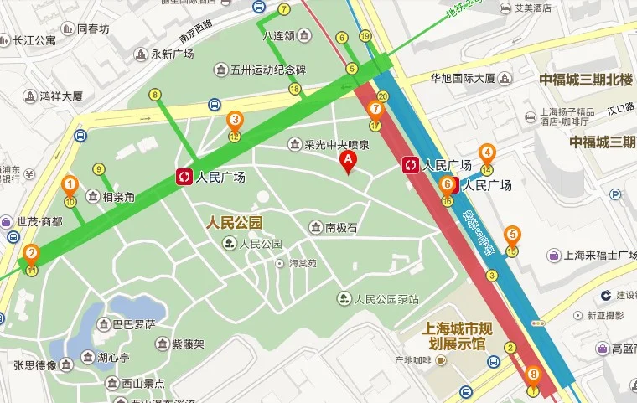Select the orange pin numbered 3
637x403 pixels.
tap(236, 121)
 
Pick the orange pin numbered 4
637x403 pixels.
tap(487, 153)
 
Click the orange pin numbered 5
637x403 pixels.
tap(512, 235)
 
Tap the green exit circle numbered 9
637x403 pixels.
tap(99, 169)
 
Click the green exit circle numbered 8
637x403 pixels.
tap(155, 95)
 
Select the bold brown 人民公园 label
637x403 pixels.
tap(235, 223)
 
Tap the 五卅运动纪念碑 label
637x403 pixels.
tap(268, 70)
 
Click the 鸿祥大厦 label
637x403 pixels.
tap(62, 96)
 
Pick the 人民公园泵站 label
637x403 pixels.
tap(385, 298)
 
